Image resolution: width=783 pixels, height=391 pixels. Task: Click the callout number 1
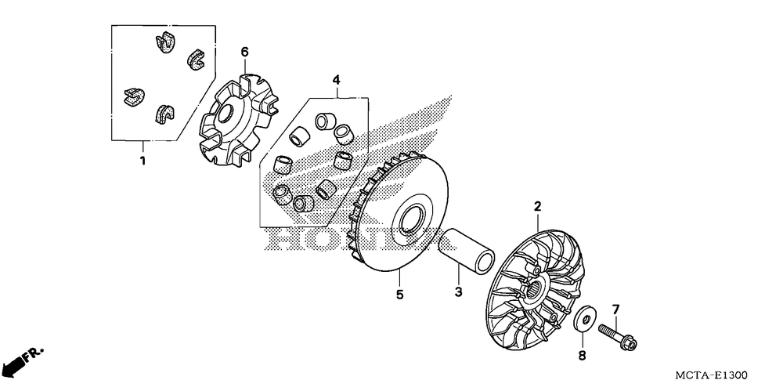(x=143, y=161)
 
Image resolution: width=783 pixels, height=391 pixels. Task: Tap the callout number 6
(x=244, y=52)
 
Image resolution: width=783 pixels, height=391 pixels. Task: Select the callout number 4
(x=337, y=79)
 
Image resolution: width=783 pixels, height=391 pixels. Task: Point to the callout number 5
(x=399, y=295)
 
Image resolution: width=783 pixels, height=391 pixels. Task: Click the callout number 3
(x=458, y=292)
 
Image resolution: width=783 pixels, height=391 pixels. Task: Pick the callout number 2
(x=538, y=206)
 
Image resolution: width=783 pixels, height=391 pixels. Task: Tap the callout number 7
(x=615, y=310)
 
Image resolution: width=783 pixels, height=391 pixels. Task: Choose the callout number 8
(x=583, y=356)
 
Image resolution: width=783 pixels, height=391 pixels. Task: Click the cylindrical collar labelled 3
(x=467, y=251)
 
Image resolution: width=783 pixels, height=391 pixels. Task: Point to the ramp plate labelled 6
(x=239, y=120)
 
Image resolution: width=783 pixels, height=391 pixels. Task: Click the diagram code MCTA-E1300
(x=711, y=375)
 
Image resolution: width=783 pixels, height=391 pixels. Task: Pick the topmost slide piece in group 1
(x=164, y=42)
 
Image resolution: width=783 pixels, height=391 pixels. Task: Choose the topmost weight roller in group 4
(x=324, y=121)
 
